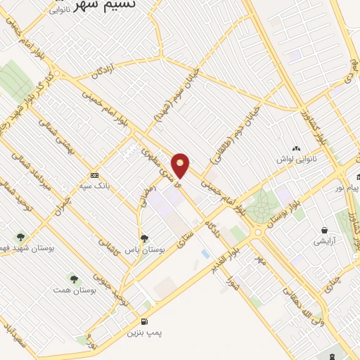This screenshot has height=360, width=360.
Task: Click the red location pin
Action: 181,165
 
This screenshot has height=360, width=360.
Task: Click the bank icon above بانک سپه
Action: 94,175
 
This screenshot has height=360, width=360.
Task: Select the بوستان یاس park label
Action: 148,249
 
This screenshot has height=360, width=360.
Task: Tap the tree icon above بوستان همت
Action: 74,279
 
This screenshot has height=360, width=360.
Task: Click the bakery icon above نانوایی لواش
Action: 296,149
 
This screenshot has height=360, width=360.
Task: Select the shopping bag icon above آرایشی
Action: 324,230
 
